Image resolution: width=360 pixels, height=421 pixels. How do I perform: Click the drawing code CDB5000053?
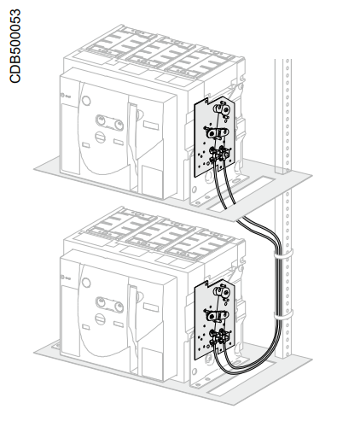tap(15, 46)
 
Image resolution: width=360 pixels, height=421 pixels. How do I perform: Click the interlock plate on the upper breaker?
tap(215, 137)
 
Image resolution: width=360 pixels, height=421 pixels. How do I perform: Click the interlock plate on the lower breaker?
tap(215, 319)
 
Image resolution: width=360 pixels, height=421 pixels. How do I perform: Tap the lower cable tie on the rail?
tap(283, 315)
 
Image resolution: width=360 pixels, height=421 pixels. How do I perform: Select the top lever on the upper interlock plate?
tap(222, 109)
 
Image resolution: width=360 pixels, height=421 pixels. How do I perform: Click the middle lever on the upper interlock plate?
tap(217, 132)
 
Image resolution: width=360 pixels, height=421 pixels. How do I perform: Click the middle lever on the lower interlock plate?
tap(217, 315)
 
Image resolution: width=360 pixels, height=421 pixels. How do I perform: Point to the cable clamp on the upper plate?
tap(219, 155)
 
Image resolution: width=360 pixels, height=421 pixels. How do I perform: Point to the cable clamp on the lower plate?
tap(219, 336)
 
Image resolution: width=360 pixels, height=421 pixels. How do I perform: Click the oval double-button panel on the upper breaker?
tap(109, 122)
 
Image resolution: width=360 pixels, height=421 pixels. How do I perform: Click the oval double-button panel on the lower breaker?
tap(109, 305)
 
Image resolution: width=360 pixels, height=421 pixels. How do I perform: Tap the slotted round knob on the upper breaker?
tap(100, 137)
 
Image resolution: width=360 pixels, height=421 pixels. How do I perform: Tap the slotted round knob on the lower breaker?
tap(100, 319)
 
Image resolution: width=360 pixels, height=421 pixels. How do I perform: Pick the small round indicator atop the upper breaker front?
tap(86, 101)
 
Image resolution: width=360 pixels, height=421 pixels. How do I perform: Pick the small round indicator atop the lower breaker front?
tap(86, 283)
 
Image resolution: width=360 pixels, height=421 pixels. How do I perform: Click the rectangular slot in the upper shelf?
tap(241, 194)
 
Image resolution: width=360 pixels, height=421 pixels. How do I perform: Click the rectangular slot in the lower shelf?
tap(241, 378)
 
